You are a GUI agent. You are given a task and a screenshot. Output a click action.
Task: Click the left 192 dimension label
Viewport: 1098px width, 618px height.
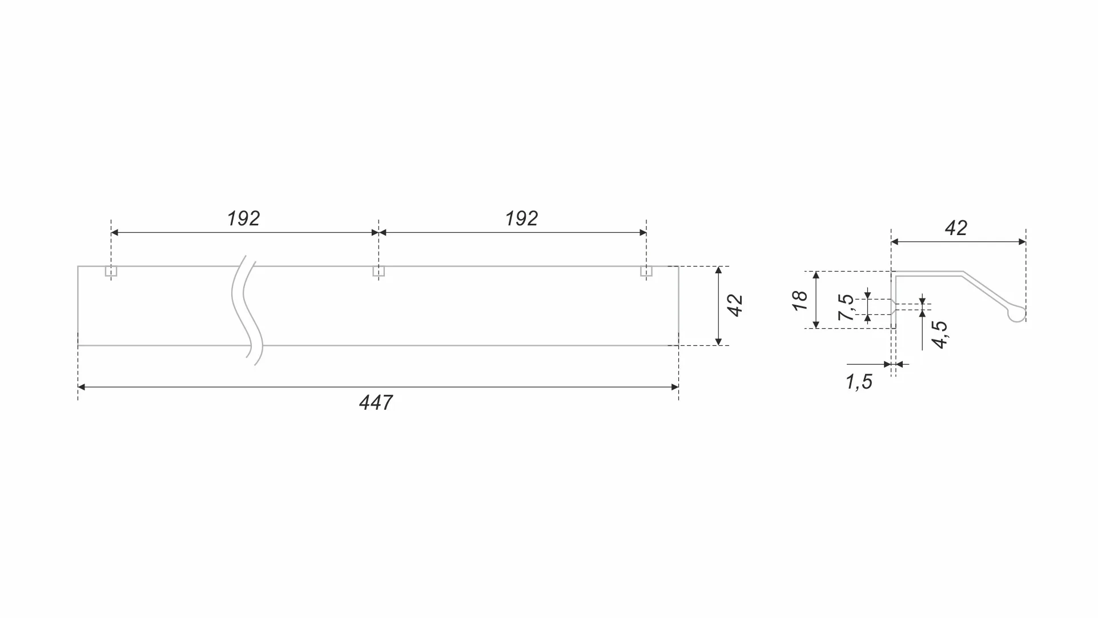pyautogui.click(x=243, y=219)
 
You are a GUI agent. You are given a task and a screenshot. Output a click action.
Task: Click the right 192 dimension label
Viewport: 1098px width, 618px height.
pyautogui.click(x=521, y=219)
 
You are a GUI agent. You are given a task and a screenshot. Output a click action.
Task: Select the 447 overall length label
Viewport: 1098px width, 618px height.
pyautogui.click(x=376, y=403)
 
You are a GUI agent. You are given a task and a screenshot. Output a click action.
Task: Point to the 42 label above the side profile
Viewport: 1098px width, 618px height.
pyautogui.click(x=956, y=228)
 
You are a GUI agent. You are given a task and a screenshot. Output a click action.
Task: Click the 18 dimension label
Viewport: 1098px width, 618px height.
pyautogui.click(x=801, y=300)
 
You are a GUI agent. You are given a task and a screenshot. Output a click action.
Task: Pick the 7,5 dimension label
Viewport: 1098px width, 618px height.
pyautogui.click(x=846, y=307)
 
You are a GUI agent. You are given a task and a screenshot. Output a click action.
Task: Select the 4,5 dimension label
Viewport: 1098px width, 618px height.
pyautogui.click(x=939, y=335)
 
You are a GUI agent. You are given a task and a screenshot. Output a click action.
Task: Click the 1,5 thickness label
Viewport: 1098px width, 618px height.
pyautogui.click(x=859, y=382)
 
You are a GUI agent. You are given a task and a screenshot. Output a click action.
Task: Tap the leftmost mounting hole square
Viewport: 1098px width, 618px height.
pyautogui.click(x=111, y=271)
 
